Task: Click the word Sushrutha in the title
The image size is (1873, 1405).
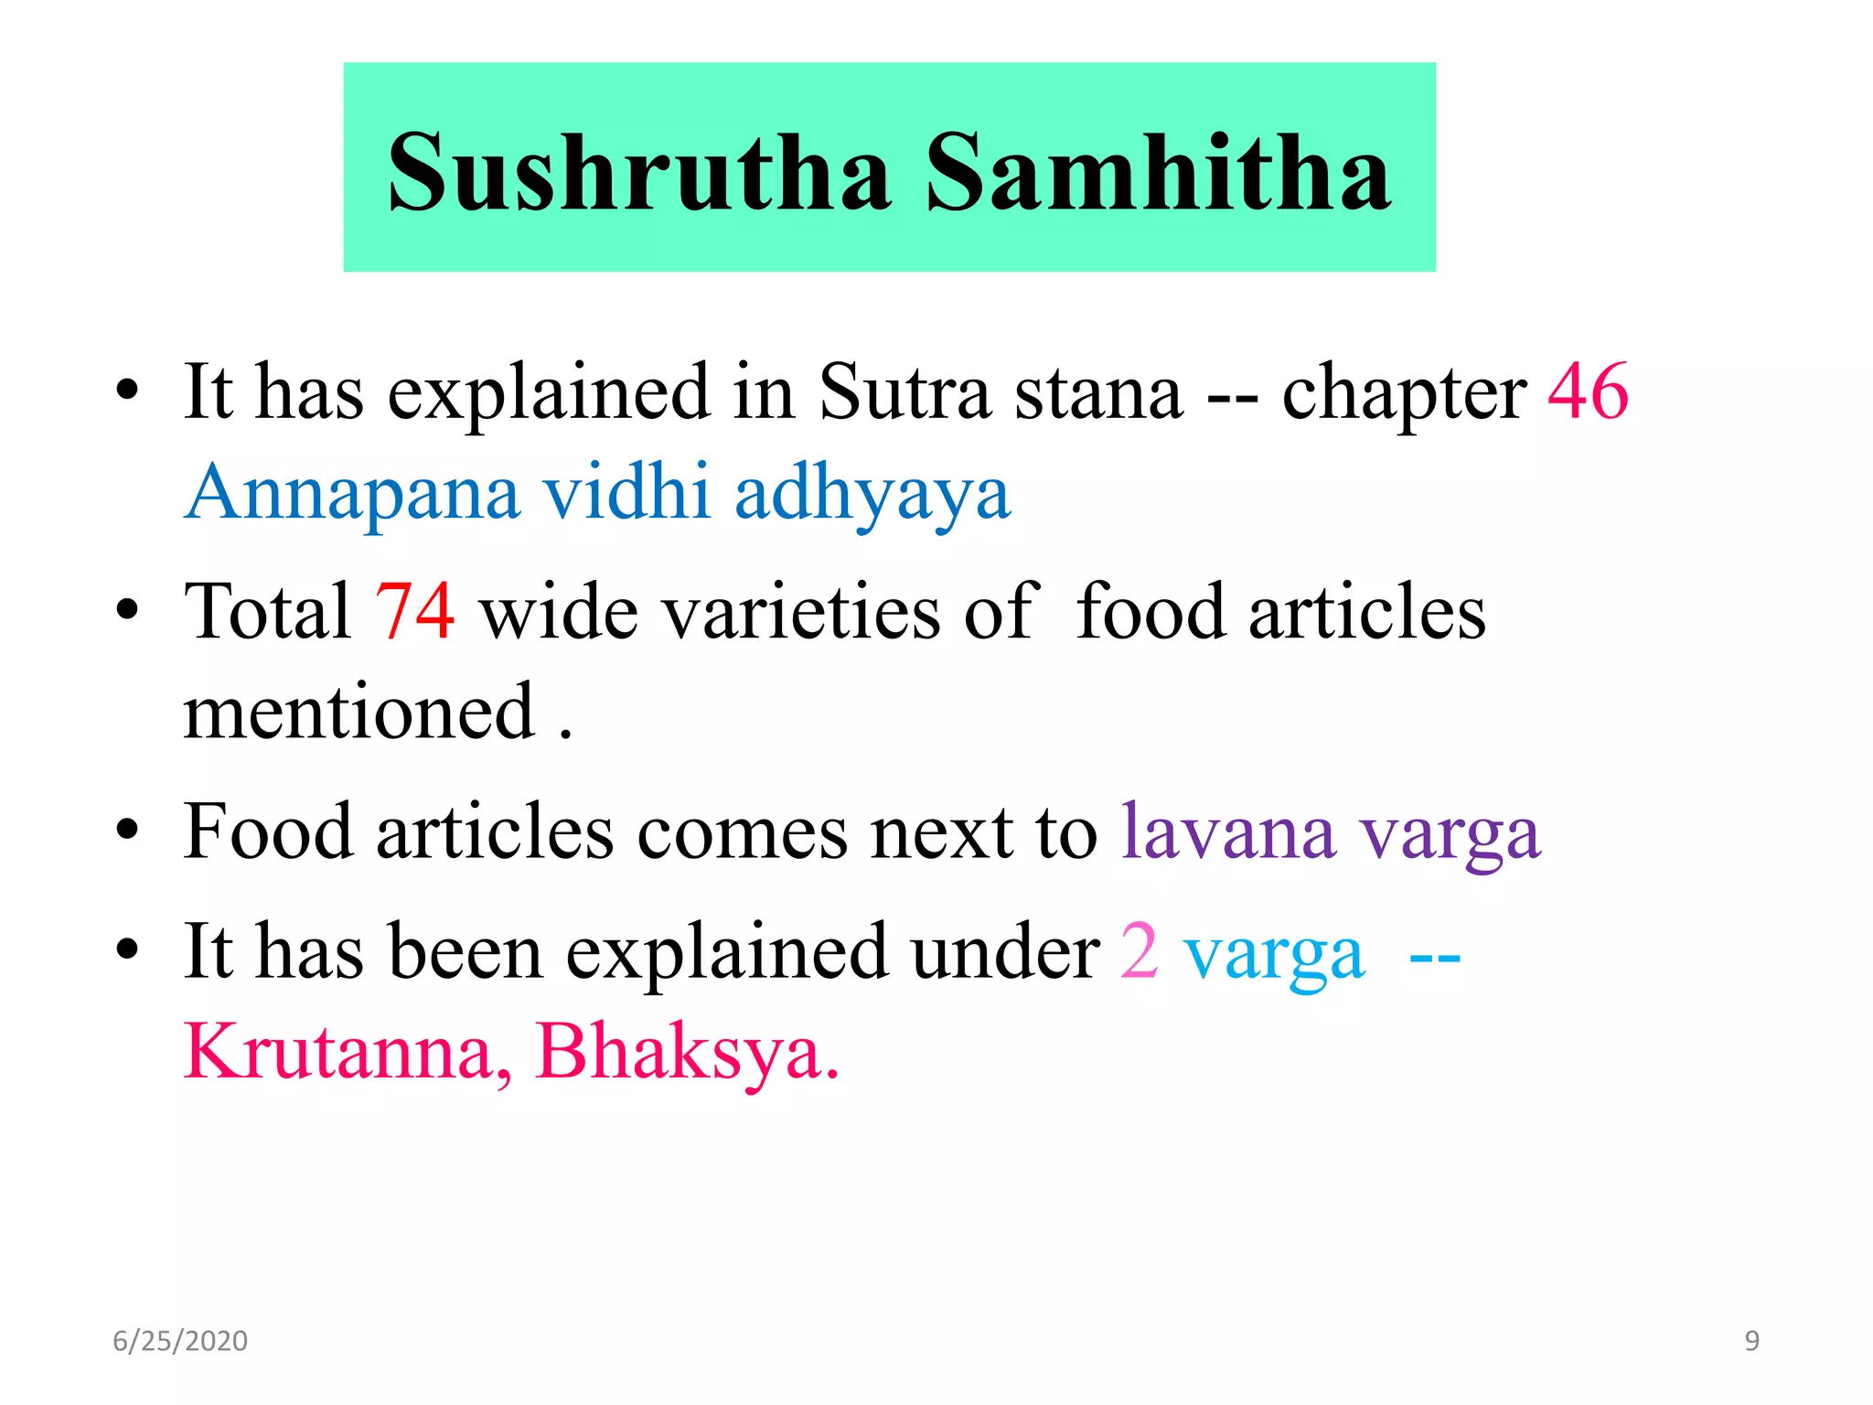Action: [x=638, y=172]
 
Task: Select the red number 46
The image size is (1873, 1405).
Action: [x=1588, y=391]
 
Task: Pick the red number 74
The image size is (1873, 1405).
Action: [x=414, y=611]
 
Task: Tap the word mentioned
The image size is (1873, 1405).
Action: [x=359, y=712]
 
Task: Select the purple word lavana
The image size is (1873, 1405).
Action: [x=1228, y=832]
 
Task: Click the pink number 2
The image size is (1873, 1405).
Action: [x=1140, y=951]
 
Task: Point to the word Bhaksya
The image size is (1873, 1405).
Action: [x=686, y=1052]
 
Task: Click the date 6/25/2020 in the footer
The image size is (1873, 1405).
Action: [x=180, y=1341]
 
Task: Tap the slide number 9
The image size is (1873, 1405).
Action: [x=1751, y=1341]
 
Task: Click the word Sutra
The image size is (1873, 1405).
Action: [x=904, y=391]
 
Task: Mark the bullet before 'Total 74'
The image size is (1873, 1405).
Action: [x=127, y=609]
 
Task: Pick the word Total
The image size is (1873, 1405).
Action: [x=267, y=611]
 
